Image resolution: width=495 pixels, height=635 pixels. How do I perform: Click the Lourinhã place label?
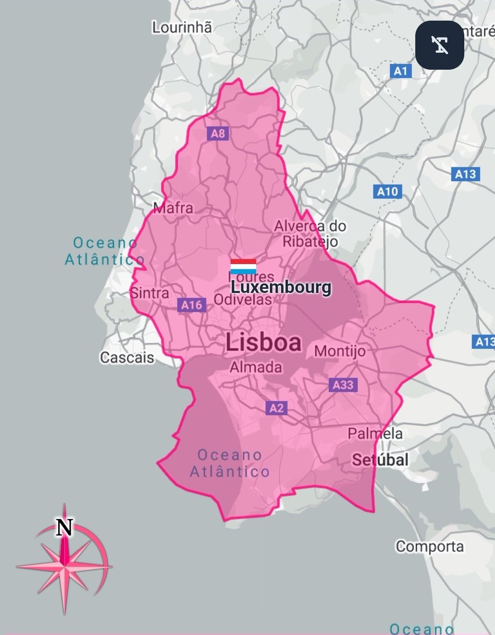(182, 27)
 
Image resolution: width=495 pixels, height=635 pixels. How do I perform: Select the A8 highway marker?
(218, 133)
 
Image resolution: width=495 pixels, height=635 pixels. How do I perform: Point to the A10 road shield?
(389, 191)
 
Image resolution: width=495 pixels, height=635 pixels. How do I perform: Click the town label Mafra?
(173, 208)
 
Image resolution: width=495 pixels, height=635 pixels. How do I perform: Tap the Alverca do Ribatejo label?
(310, 233)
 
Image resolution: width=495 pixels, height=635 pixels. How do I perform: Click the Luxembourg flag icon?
(243, 266)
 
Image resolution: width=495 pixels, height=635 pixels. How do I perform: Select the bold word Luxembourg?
(281, 288)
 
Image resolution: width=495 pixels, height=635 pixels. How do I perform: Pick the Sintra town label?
(150, 293)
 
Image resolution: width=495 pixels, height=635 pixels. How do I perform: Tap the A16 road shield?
(191, 305)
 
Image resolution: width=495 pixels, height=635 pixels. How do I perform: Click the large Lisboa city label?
(263, 342)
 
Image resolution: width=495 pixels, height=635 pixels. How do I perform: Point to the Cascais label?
(127, 358)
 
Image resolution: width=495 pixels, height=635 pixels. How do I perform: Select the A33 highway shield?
(343, 385)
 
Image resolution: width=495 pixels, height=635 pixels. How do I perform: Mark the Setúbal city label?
(380, 460)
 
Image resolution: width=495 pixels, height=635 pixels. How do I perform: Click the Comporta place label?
(429, 546)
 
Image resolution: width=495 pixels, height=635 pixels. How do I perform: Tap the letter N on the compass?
(65, 528)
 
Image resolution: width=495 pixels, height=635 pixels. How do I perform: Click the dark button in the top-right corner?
(439, 45)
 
